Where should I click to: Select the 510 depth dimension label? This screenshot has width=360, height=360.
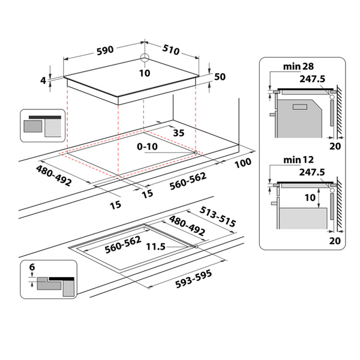(170, 50)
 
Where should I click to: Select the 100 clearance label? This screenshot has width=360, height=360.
(243, 163)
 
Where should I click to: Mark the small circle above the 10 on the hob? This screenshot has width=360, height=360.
(144, 59)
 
